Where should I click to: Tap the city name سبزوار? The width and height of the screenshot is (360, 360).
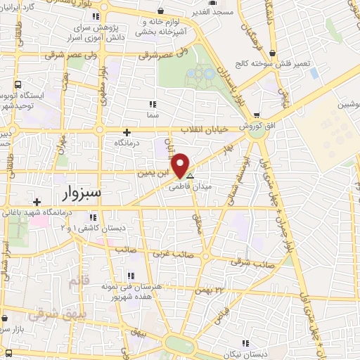tap(80, 191)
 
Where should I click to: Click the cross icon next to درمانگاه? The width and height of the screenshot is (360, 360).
tap(127, 131)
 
